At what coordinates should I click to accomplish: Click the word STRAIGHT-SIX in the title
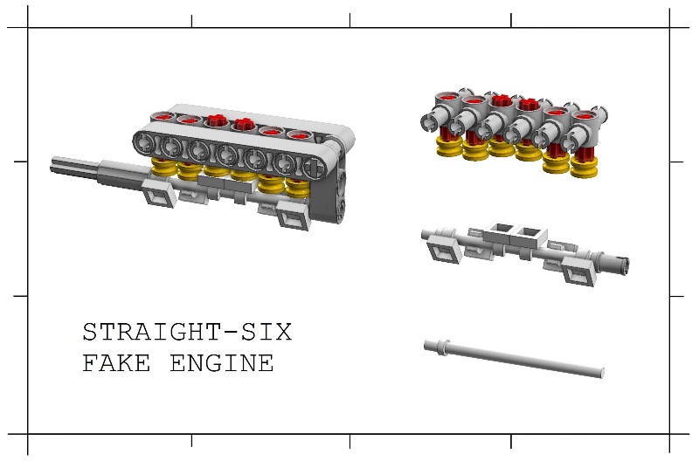[x=187, y=333]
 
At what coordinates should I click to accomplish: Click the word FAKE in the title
[x=116, y=362]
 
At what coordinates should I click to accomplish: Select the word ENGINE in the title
[x=222, y=362]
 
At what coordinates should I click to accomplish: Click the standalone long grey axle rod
[x=514, y=358]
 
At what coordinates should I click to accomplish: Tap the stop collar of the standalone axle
[x=442, y=347]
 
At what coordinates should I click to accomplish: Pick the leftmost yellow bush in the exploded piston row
[x=449, y=147]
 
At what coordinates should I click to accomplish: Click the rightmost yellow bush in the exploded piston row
[x=584, y=168]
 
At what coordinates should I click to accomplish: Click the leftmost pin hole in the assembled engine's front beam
[x=144, y=143]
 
